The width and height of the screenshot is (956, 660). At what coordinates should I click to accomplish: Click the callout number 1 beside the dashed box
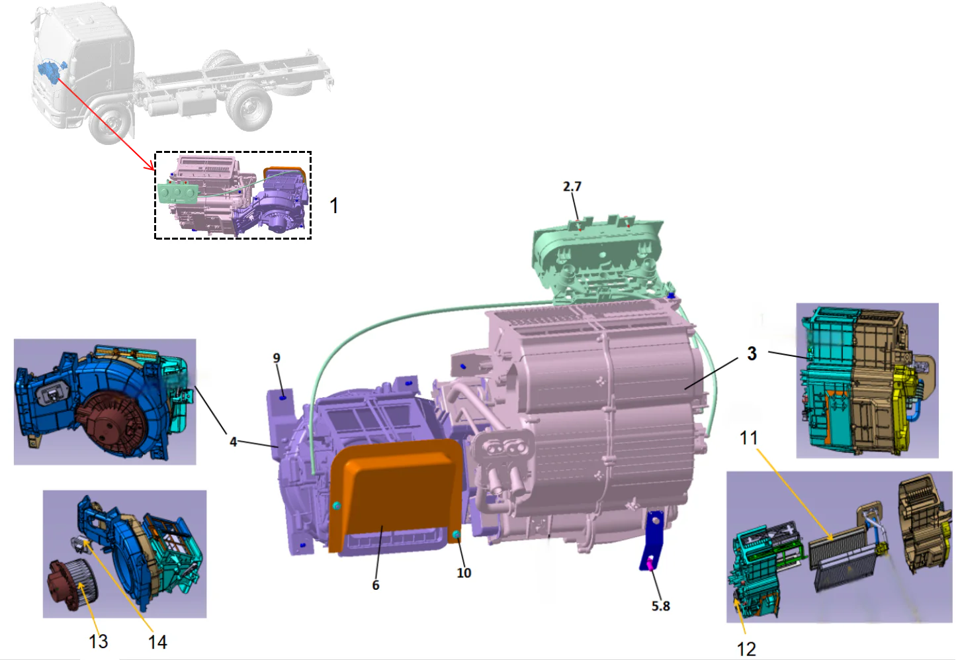334,205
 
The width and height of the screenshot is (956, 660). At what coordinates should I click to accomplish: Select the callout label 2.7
572,187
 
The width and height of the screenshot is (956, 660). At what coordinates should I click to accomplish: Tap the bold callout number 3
752,354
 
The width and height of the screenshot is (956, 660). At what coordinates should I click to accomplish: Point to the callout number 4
233,441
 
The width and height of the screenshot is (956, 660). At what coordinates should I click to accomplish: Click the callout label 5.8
660,606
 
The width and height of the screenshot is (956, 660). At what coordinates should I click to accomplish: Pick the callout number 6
376,585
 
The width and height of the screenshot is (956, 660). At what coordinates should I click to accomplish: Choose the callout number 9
277,358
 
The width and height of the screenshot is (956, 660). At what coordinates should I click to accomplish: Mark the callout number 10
464,573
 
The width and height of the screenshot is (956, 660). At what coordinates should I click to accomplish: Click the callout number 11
748,438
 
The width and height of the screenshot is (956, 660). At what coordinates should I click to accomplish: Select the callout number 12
746,649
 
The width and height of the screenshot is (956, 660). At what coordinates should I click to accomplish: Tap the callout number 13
98,641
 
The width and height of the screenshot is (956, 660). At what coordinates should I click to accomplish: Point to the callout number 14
157,641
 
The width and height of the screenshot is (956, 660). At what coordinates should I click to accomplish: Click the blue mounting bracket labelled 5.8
654,540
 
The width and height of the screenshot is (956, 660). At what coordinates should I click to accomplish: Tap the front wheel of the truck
110,124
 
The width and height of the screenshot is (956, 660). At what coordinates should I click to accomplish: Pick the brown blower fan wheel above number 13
73,584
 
